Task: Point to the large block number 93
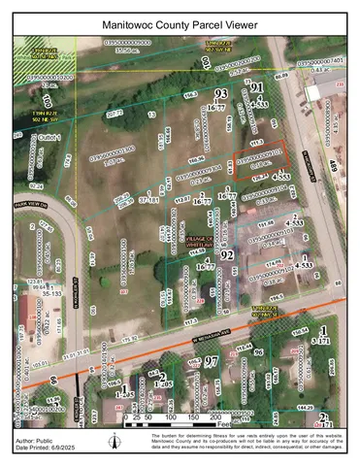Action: pos(220,93)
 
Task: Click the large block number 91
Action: pos(257,87)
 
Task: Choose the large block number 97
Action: pos(210,361)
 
